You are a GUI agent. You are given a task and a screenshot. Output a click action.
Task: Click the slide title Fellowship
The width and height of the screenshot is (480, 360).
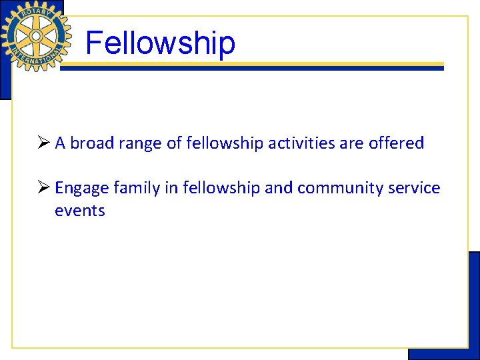point(160,43)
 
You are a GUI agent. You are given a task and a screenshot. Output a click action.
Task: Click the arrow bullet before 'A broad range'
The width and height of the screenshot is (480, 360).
point(44,143)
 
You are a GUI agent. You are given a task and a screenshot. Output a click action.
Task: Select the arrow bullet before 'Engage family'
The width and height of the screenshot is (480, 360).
point(44,188)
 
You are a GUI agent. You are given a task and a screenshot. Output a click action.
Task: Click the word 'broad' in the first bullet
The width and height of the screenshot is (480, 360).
point(91,143)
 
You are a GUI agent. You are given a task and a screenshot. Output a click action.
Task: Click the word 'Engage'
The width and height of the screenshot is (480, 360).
point(82,189)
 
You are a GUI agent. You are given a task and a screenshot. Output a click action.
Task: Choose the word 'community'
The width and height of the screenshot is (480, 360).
point(339,189)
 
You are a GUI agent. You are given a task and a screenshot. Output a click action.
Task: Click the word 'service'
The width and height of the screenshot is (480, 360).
point(413,188)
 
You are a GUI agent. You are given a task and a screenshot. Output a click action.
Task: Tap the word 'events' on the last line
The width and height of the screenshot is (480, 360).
point(80,211)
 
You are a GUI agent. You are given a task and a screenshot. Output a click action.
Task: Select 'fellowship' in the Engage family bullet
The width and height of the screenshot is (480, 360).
point(220,188)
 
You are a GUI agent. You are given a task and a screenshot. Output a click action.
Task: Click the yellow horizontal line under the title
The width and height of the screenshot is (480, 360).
point(253,64)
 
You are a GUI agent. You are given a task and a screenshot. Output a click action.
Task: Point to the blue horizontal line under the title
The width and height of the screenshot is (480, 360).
point(253,69)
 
